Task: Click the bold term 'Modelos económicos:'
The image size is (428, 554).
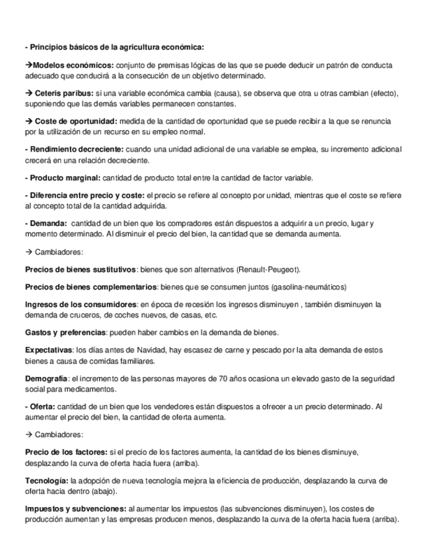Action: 73,65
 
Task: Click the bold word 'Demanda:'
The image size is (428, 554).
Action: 46,223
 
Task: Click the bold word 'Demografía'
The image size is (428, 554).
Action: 46,379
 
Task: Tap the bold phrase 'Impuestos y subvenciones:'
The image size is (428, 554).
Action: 75,508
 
